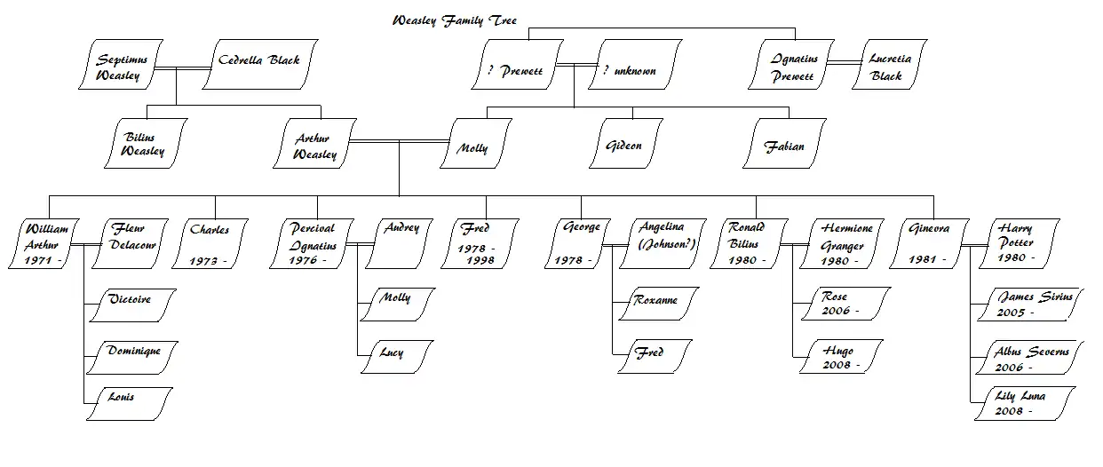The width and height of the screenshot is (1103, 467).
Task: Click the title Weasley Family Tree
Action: click(455, 20)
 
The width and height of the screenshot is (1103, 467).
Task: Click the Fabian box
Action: click(784, 144)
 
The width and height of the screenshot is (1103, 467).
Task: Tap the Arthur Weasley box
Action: click(315, 144)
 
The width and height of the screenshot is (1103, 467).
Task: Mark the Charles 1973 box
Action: click(210, 243)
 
